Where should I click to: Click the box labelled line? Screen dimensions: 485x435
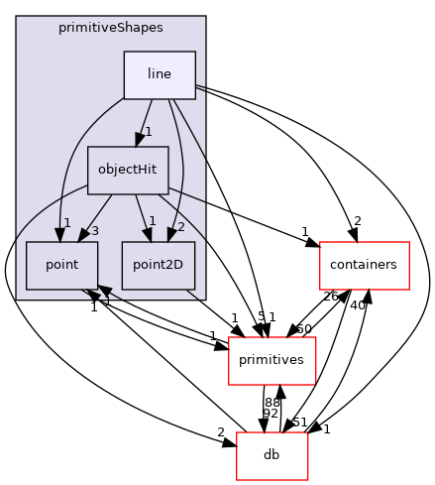[159, 74]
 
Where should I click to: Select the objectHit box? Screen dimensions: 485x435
[128, 170]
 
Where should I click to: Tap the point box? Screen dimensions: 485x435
[61, 265]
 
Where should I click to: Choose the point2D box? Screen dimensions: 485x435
[158, 265]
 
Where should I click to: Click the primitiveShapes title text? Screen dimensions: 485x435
[110, 28]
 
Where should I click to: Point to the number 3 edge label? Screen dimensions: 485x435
[93, 231]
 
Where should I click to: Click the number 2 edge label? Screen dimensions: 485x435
[181, 228]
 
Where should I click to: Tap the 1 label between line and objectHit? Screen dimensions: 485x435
[148, 132]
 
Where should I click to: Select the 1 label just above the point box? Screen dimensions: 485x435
[67, 222]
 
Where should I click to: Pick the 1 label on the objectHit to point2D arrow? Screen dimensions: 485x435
[152, 220]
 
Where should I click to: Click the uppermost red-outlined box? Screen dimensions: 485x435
[365, 266]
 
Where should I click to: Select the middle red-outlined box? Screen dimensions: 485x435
[272, 360]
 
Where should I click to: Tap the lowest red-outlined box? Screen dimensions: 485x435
[272, 456]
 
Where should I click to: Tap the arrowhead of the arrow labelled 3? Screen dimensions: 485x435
[80, 233]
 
